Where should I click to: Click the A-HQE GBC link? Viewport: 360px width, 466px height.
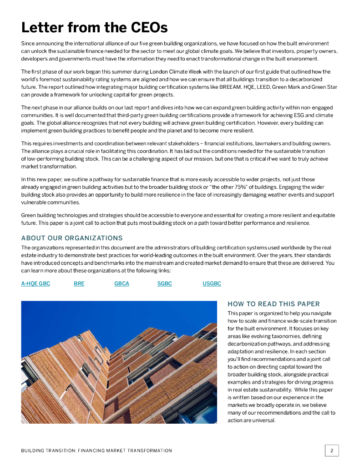click(x=35, y=284)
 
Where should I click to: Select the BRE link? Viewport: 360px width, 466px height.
click(x=79, y=284)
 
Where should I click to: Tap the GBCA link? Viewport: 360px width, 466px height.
click(x=122, y=284)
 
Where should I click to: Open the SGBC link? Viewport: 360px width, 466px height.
click(x=164, y=284)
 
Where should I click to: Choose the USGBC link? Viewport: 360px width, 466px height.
click(x=212, y=284)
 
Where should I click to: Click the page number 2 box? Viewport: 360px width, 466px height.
click(x=332, y=451)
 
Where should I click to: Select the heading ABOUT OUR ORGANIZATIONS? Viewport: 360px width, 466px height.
click(x=72, y=238)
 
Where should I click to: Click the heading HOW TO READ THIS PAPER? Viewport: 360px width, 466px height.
click(x=274, y=304)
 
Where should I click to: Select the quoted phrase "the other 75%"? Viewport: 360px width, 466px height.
click(x=228, y=187)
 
